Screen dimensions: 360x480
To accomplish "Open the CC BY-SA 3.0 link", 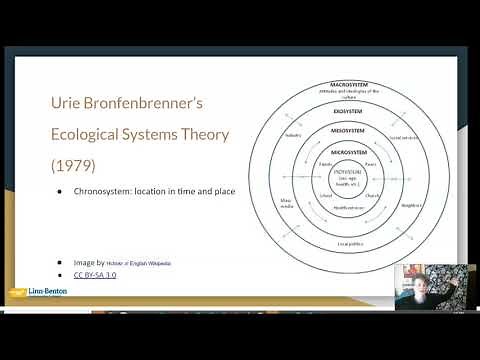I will [x=94, y=272].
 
